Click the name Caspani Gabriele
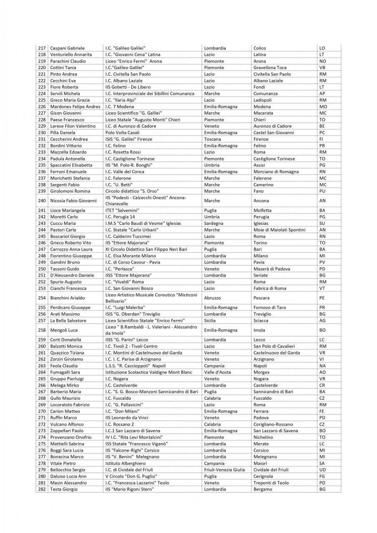tap(67, 48)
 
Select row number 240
tap(42, 201)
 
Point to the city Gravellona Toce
tap(270, 67)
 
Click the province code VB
tap(322, 67)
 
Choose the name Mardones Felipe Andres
tap(75, 107)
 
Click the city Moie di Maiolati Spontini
tap(279, 230)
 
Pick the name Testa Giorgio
tap(64, 489)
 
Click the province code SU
tap(322, 223)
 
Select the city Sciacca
tap(262, 321)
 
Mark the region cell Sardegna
tap(214, 223)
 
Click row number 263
tap(42, 366)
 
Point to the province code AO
tap(322, 372)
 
